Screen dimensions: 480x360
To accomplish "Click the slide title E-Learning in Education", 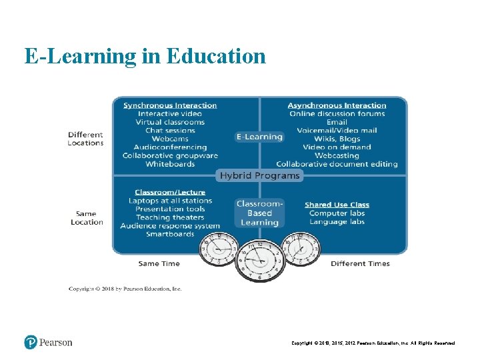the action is pos(145,56).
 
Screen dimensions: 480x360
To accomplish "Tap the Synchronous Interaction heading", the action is pos(170,105).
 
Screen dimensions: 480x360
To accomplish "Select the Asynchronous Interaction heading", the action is pos(337,105).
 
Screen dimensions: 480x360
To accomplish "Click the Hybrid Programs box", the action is pos(259,175).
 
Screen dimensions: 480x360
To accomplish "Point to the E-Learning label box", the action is pos(259,137).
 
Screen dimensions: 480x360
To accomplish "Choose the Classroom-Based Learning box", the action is pos(259,213).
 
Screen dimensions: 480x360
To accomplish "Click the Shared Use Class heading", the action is pos(337,205).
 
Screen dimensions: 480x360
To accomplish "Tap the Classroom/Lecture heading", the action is pos(170,193).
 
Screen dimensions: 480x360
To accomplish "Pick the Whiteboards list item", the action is pos(170,164).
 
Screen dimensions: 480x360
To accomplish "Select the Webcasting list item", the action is pos(337,155).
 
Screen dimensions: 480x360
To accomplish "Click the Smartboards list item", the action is pos(170,234).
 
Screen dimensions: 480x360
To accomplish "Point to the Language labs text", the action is pos(337,221).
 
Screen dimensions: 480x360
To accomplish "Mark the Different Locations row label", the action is pos(85,139).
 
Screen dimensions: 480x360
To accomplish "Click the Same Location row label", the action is pos(87,218).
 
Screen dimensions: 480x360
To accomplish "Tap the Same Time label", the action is pos(159,263).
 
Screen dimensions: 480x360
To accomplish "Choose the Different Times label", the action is pos(360,263).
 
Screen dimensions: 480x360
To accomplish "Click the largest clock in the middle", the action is pos(259,261).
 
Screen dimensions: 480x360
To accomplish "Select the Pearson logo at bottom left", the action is pos(48,342).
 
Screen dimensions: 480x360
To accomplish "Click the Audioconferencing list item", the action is pos(170,147).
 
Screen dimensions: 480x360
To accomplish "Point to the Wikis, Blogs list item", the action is pos(337,139).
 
